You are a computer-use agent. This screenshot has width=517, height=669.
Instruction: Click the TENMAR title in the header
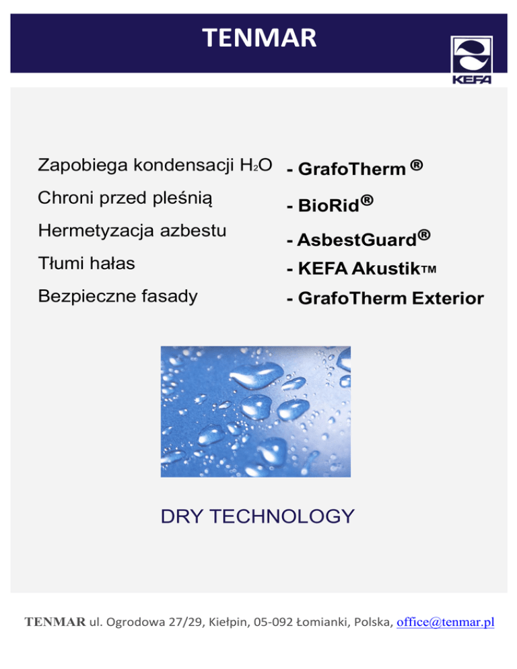click(x=259, y=38)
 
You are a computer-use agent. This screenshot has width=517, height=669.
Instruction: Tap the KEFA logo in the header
click(x=472, y=60)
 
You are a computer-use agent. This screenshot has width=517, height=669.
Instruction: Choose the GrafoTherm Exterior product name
click(x=391, y=297)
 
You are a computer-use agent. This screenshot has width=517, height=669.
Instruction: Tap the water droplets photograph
click(x=256, y=411)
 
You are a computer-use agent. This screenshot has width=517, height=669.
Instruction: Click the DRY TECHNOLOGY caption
click(x=258, y=516)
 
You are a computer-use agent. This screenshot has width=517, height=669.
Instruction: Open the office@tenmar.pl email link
click(x=446, y=622)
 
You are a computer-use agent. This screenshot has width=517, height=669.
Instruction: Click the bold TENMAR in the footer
click(x=55, y=622)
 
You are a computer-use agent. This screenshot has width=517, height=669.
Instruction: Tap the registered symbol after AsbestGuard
click(x=424, y=235)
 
